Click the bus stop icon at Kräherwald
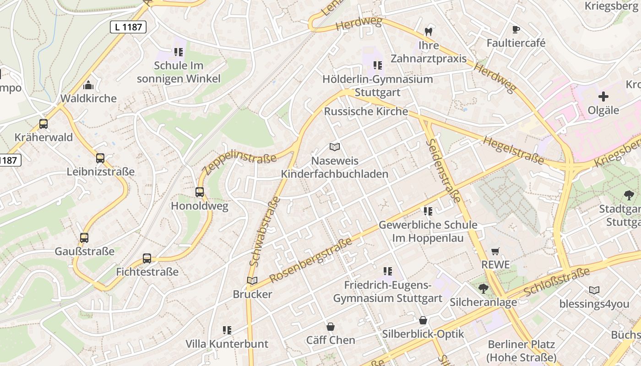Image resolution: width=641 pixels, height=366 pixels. [x=43, y=124]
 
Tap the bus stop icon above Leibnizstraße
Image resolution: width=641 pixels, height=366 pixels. [x=100, y=158]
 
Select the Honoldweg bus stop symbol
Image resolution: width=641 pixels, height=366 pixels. [x=200, y=192]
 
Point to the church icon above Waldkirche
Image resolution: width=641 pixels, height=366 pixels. [x=88, y=85]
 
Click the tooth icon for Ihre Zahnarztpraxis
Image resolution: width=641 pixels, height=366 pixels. [x=429, y=32]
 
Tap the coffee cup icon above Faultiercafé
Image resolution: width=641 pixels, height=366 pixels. [x=516, y=30]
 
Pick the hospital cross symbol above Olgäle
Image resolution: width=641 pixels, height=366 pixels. [x=603, y=97]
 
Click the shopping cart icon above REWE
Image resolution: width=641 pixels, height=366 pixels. [x=495, y=251]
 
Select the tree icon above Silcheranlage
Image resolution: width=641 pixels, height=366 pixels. [x=483, y=289]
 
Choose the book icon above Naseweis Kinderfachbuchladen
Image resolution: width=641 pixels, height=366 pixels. [x=335, y=147]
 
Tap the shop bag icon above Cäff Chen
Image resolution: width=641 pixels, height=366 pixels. [x=330, y=327]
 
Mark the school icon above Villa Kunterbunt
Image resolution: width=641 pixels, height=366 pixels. [x=227, y=330]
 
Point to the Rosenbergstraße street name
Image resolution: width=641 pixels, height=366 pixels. [x=311, y=259]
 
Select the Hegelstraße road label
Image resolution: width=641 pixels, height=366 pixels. [x=513, y=151]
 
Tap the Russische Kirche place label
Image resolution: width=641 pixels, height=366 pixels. [x=366, y=111]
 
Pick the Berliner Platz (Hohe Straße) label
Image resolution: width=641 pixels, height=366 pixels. [x=521, y=350]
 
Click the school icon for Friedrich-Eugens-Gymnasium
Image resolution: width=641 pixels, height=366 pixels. [x=388, y=271]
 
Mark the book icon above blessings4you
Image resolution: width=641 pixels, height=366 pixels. [x=594, y=290]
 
